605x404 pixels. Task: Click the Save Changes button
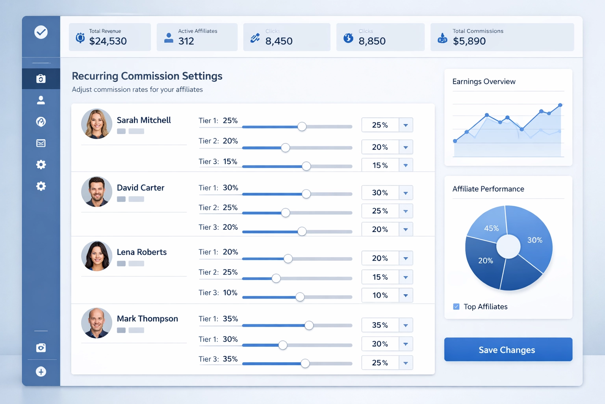point(508,350)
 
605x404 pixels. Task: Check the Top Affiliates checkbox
point(456,307)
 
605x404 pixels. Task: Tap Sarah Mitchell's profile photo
point(97,124)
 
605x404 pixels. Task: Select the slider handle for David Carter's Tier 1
point(306,194)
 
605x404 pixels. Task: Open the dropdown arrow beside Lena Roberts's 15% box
point(406,277)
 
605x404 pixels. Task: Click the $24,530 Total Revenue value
point(108,41)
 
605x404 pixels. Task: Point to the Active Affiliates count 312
point(186,41)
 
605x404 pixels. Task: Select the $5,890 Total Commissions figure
point(469,41)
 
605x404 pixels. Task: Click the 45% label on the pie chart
point(491,228)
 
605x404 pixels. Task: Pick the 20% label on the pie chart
point(485,261)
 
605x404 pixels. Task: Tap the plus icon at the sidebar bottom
point(41,372)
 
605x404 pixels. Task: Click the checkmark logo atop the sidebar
point(41,32)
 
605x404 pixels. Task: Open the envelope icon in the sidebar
point(41,143)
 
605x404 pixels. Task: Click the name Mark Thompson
point(147,319)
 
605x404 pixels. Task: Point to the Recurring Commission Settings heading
point(147,76)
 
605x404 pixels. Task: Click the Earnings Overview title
point(484,82)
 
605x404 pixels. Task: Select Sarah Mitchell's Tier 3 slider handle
point(306,166)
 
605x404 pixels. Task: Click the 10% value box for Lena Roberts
point(380,296)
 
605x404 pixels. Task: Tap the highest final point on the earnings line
point(560,105)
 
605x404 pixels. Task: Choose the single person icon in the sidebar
point(41,100)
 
